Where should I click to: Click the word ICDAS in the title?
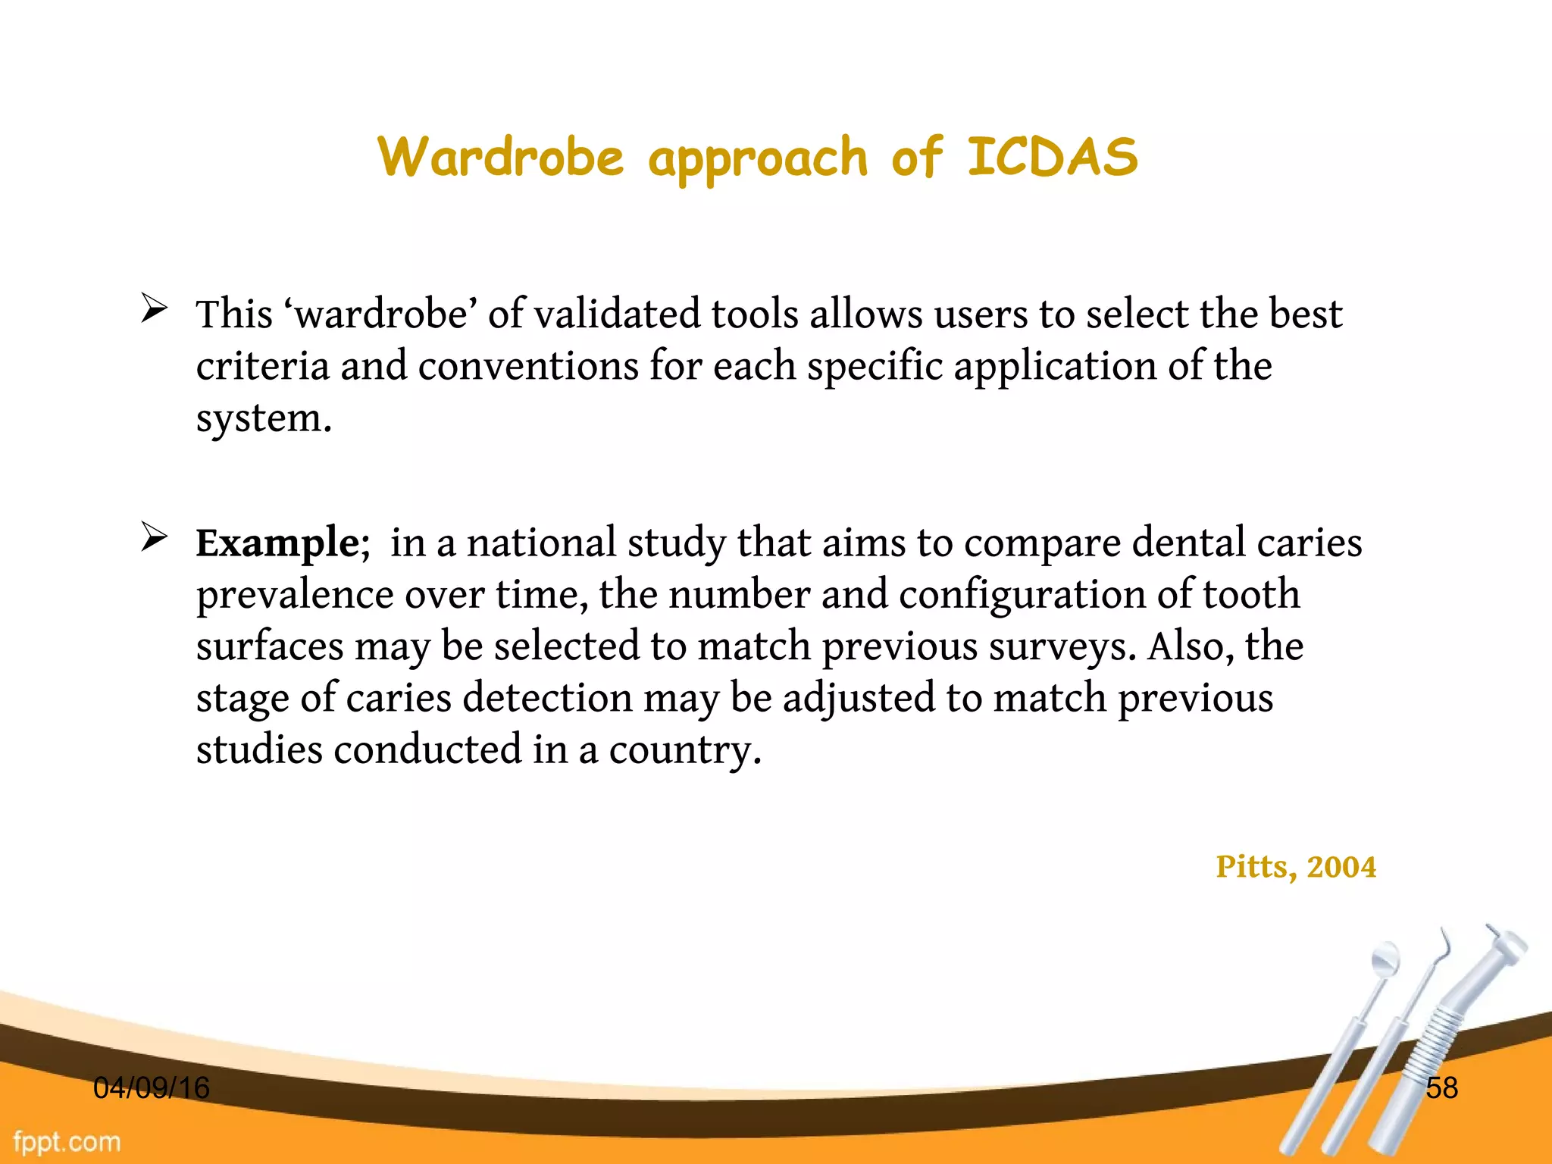click(x=1053, y=157)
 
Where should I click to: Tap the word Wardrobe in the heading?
click(x=501, y=157)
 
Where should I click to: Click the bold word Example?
click(x=277, y=543)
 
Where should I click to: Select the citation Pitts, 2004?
click(x=1296, y=866)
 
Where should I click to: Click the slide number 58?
click(x=1441, y=1087)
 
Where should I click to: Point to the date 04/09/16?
click(x=152, y=1087)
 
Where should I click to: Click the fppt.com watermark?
click(x=67, y=1141)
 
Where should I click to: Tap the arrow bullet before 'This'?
click(x=154, y=309)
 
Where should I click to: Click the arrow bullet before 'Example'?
click(x=154, y=537)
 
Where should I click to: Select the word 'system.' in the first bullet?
click(x=264, y=418)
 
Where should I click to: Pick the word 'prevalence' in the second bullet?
click(x=295, y=595)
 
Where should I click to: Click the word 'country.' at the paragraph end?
click(x=685, y=750)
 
